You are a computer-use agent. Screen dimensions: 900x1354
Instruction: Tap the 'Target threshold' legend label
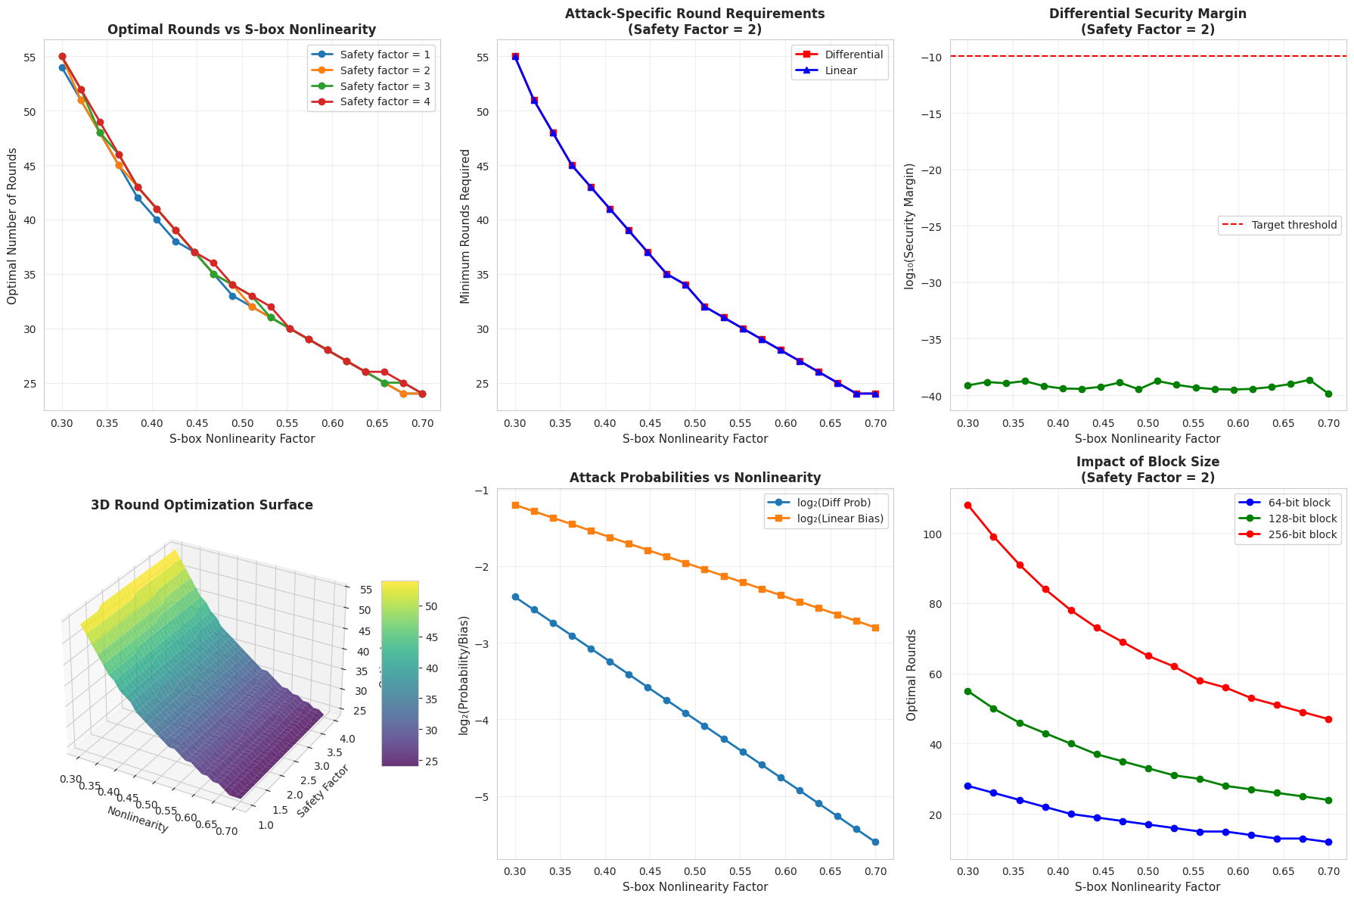(1294, 225)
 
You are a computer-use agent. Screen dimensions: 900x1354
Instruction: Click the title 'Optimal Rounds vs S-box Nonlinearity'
(241, 30)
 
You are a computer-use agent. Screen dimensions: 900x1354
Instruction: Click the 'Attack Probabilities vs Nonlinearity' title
(694, 478)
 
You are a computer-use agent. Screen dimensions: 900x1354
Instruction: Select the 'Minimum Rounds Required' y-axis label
(466, 226)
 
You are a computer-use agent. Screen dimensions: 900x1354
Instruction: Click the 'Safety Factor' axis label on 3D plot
(324, 791)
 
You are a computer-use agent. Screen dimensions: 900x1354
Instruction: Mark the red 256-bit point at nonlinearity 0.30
(967, 505)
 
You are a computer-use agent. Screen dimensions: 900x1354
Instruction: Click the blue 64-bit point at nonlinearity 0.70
(1328, 842)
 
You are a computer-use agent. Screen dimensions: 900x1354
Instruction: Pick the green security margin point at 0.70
(1328, 394)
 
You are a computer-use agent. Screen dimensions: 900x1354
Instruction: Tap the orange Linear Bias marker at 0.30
(515, 505)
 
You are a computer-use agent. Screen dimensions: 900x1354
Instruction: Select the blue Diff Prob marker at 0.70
(875, 842)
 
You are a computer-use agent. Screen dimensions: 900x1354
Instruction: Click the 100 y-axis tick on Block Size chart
(931, 534)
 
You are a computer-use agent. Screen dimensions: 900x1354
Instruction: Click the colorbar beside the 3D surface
(399, 674)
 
